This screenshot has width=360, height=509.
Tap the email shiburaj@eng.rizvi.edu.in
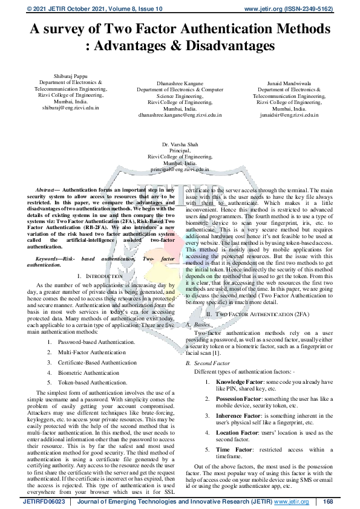point(70,108)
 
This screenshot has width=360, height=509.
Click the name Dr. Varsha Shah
point(180,144)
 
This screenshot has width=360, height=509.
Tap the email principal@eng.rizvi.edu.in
point(180,170)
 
